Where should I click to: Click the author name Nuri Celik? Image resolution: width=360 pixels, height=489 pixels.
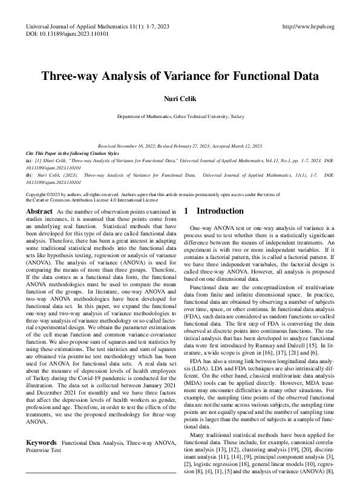point(180,99)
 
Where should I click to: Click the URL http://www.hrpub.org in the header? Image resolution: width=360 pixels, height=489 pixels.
point(309,27)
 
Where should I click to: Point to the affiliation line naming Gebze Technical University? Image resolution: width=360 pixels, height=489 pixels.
point(180,116)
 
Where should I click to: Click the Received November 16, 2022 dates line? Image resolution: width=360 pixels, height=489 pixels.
point(180,146)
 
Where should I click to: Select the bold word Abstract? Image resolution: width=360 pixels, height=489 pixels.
point(39,211)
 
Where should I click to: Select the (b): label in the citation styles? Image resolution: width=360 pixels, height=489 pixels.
point(30,175)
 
